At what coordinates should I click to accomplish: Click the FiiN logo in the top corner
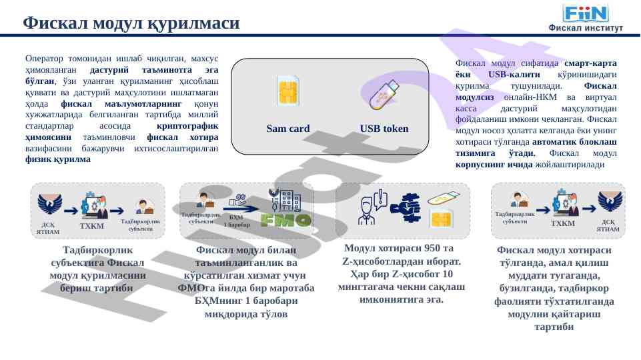pyautogui.click(x=586, y=13)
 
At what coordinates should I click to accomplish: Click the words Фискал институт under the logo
pyautogui.click(x=586, y=28)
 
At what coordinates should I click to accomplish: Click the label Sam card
pyautogui.click(x=287, y=129)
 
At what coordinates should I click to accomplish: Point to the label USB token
pyautogui.click(x=384, y=129)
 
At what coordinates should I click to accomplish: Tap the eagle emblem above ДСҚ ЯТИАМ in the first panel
pyautogui.click(x=50, y=203)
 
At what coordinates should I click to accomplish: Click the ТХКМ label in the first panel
pyautogui.click(x=92, y=227)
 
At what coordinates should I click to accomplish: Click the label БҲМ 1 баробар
pyautogui.click(x=237, y=221)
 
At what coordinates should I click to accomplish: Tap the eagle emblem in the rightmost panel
pyautogui.click(x=610, y=202)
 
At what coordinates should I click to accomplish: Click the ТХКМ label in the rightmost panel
pyautogui.click(x=564, y=223)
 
